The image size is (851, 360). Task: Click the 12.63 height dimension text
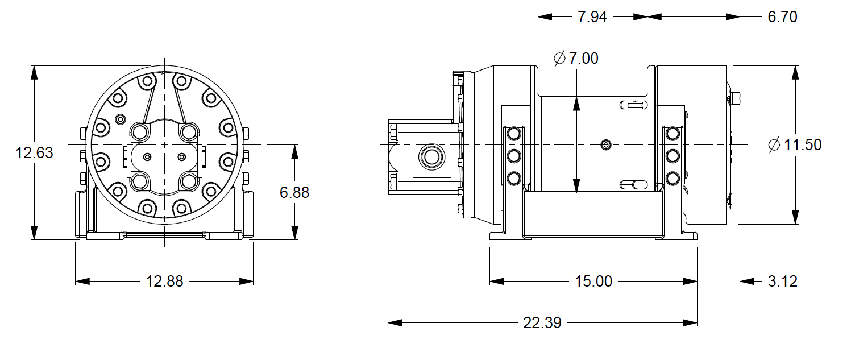click(x=35, y=153)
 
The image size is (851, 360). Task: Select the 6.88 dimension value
click(x=294, y=193)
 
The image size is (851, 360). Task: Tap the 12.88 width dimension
click(x=165, y=282)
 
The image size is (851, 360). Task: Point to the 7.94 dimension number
click(x=592, y=17)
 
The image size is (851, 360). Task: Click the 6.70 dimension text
click(x=782, y=17)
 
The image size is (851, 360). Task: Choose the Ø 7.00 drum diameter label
click(x=575, y=58)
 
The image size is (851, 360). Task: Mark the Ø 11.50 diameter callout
click(x=794, y=145)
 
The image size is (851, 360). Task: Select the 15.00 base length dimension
click(x=593, y=282)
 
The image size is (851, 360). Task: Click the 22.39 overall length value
click(x=542, y=323)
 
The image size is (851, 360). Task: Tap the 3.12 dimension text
click(x=782, y=282)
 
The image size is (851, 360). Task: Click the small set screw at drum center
click(x=607, y=145)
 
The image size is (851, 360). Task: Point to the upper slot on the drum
click(x=633, y=105)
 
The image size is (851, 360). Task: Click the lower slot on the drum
click(x=633, y=184)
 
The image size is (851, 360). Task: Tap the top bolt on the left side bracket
click(x=514, y=134)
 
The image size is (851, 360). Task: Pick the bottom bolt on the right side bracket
click(x=673, y=178)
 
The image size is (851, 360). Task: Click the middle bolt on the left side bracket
click(x=514, y=156)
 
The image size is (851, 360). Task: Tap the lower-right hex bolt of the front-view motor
click(x=188, y=181)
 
